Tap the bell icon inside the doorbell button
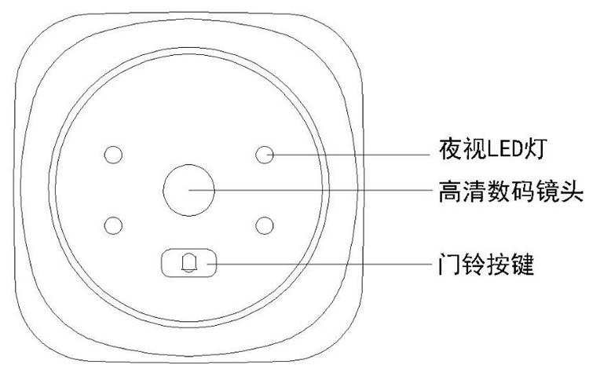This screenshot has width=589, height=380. (x=189, y=263)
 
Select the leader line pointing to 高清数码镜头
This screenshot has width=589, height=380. (x=311, y=190)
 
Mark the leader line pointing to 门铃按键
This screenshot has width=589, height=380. (x=320, y=264)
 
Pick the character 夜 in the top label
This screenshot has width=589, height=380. (x=451, y=149)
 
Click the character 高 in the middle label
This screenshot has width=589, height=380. (x=451, y=191)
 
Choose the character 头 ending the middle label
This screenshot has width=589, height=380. (x=572, y=191)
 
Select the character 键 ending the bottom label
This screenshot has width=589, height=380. (x=522, y=264)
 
